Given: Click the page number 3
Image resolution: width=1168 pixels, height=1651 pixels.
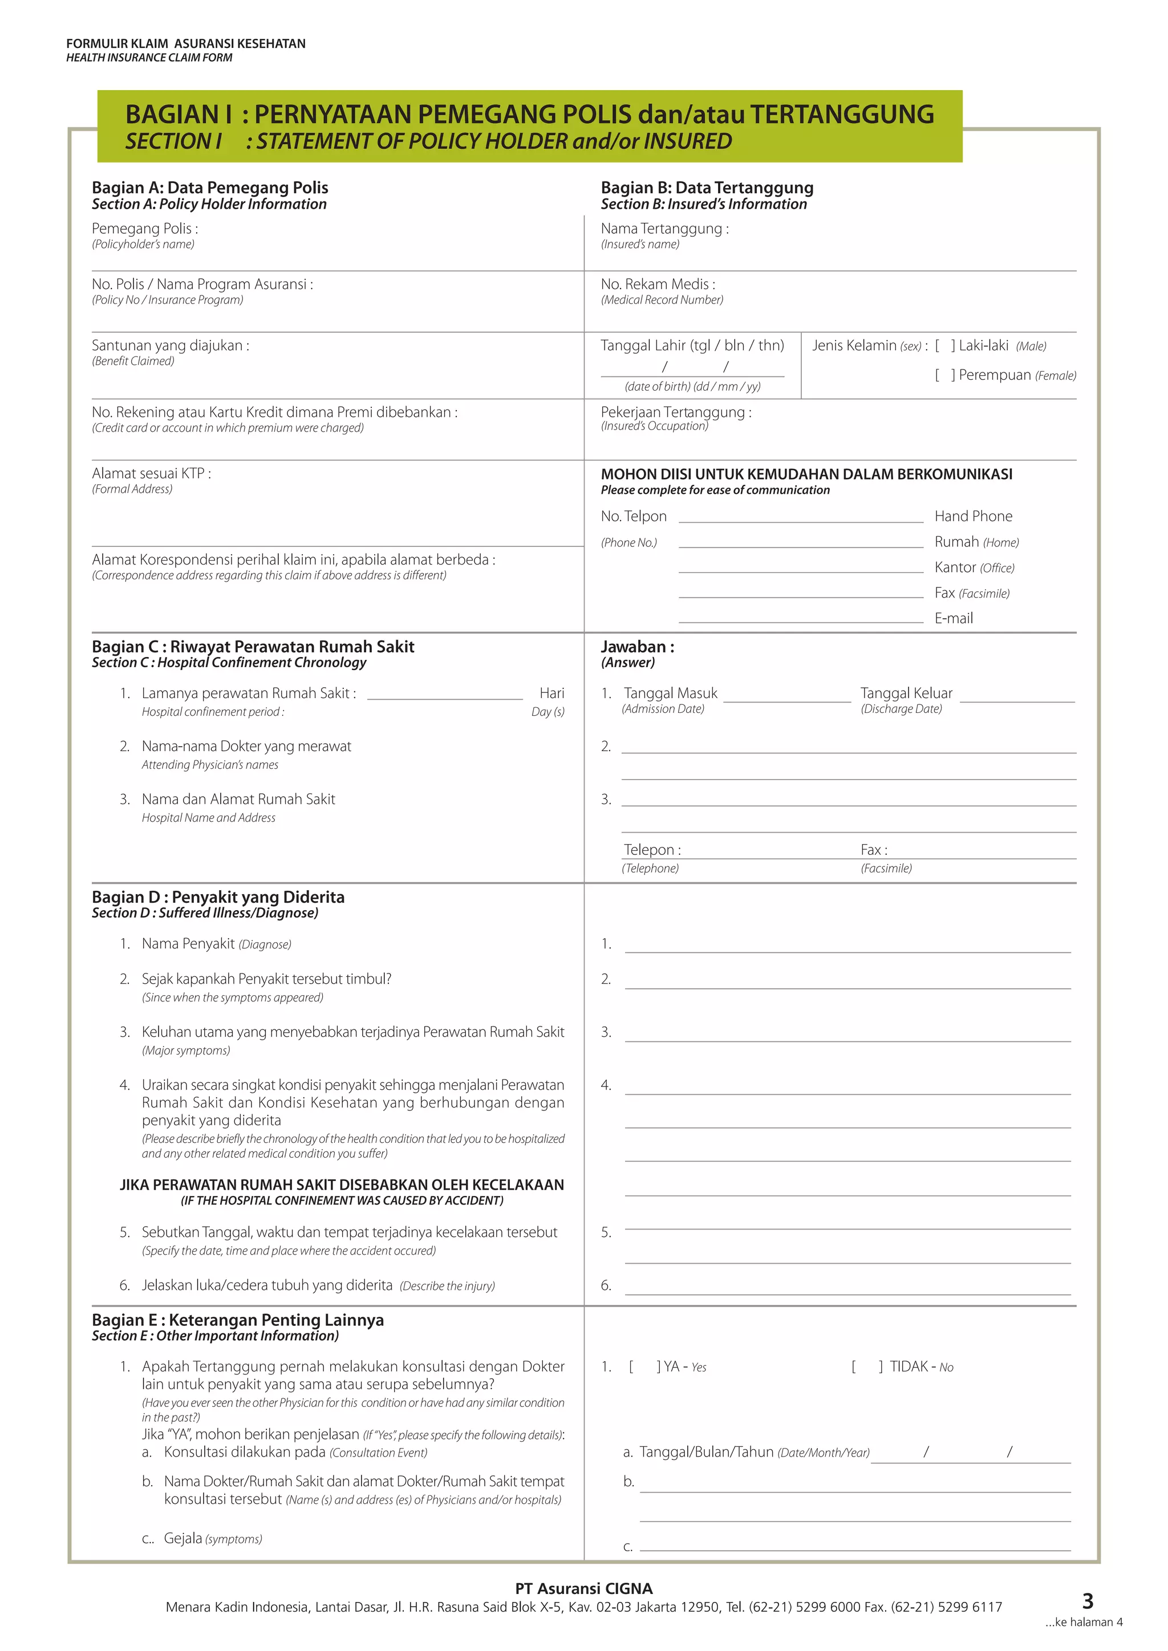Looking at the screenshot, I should coord(1088,1601).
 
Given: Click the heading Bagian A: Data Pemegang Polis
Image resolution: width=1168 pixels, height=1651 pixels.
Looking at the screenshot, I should coord(209,188).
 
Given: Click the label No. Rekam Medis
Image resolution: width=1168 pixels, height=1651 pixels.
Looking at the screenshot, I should coord(658,284).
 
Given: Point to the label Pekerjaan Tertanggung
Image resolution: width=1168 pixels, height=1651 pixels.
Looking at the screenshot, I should coord(675,412).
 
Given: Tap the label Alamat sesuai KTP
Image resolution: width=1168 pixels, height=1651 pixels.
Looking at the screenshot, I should coord(151,473).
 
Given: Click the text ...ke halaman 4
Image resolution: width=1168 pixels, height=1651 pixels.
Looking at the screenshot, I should coord(1083,1622).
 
